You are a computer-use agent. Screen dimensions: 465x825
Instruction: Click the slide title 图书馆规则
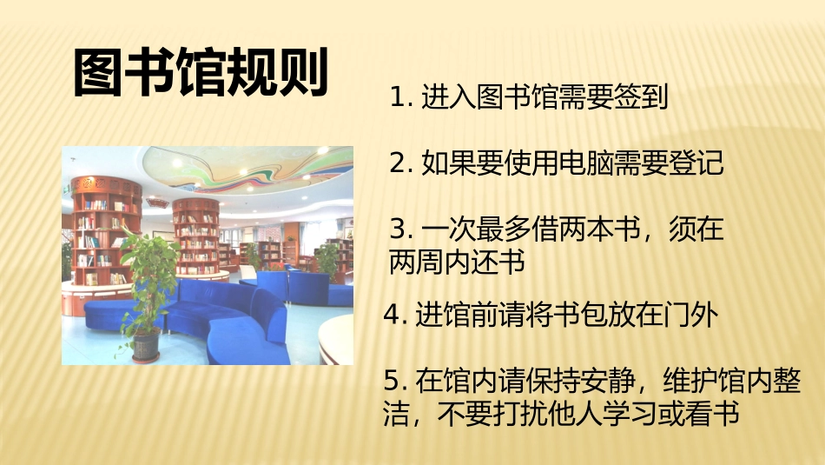click(x=201, y=73)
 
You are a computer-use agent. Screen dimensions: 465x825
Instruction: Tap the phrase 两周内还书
click(x=458, y=262)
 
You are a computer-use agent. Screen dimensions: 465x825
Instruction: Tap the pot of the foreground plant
click(x=146, y=345)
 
